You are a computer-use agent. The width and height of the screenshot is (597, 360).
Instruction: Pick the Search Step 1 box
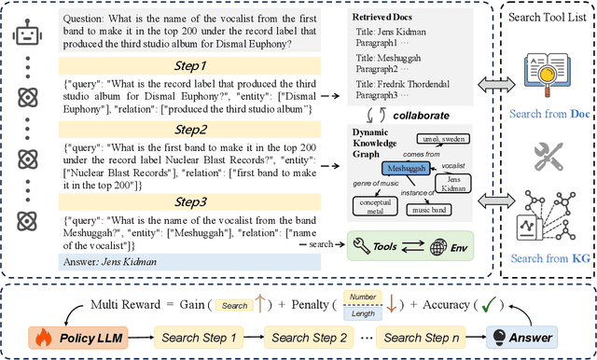200,336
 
